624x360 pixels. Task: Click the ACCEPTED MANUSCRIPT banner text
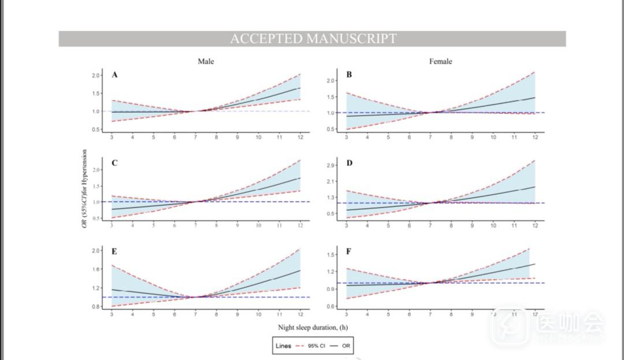pos(313,39)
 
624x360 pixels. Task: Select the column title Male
pos(206,61)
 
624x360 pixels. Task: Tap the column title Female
pos(440,61)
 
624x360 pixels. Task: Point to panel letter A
pos(114,75)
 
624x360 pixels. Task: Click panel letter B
pos(349,75)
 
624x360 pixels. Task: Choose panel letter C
pos(114,163)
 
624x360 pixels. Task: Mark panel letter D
pos(349,163)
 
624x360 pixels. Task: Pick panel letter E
pos(114,251)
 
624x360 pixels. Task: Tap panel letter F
pos(349,251)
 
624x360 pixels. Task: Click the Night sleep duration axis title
pos(313,327)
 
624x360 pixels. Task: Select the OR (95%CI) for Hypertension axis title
pos(85,188)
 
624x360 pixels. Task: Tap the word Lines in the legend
pos(284,346)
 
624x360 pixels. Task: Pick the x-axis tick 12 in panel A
pos(300,136)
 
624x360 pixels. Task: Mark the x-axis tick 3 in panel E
pos(112,314)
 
